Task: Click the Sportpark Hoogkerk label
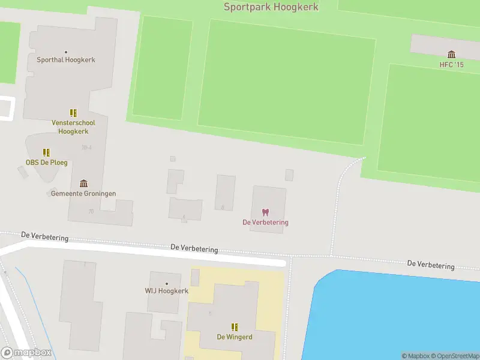pos(271,7)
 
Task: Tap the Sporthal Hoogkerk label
pos(66,60)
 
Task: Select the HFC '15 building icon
pos(451,55)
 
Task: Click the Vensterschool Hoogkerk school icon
pos(73,113)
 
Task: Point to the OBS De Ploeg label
pos(46,163)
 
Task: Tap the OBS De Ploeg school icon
pos(46,153)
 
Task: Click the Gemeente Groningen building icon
pos(83,184)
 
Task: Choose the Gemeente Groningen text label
pos(83,194)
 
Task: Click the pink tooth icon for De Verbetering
pos(265,212)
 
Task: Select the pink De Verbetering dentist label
pos(265,223)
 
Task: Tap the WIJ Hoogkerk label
pos(166,292)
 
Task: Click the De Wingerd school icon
pos(235,327)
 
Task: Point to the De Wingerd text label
pos(235,337)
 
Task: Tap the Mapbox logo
pos(26,353)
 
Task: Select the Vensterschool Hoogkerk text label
pos(73,127)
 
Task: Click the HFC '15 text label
pos(451,65)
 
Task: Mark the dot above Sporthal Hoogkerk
pos(66,52)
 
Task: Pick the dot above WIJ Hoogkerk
pos(166,284)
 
